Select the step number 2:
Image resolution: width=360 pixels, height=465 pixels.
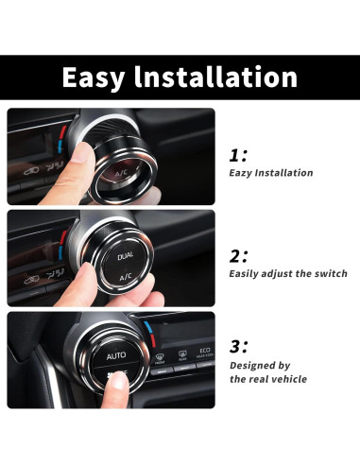point(239,255)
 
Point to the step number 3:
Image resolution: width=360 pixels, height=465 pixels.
point(239,346)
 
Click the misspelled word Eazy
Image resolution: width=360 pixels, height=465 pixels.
point(243,173)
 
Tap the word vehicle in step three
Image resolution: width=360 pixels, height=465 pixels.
point(287,379)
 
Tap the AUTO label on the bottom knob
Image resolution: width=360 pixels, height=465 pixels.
point(116,356)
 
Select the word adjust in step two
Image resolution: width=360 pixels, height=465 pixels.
point(285,273)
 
